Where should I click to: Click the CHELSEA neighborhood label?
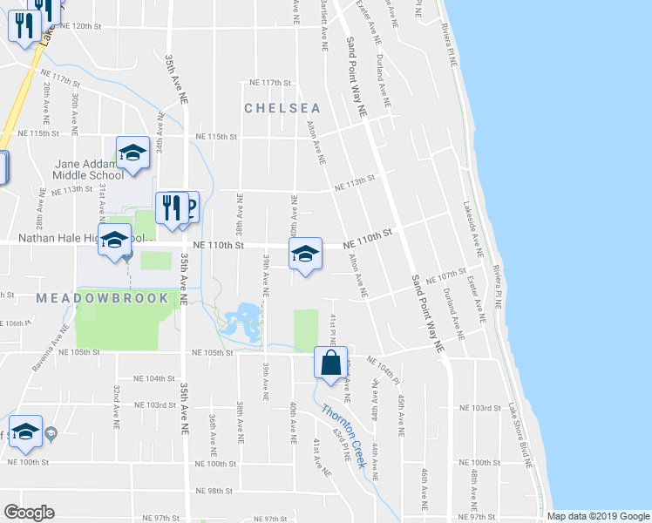(282, 109)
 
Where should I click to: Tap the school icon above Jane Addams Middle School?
(132, 153)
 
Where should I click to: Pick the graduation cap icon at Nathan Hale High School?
(113, 239)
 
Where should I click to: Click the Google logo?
(29, 513)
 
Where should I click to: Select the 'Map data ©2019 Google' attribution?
(597, 516)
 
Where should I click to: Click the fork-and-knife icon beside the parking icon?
(171, 208)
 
